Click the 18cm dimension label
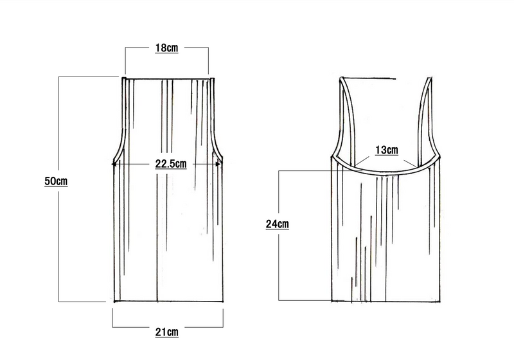[166, 48]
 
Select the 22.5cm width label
[171, 163]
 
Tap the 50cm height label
[56, 181]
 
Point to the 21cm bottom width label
[167, 332]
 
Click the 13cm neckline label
[387, 150]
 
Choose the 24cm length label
[278, 224]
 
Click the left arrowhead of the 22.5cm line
[114, 164]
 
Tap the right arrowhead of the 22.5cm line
[218, 164]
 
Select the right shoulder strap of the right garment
[425, 115]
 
